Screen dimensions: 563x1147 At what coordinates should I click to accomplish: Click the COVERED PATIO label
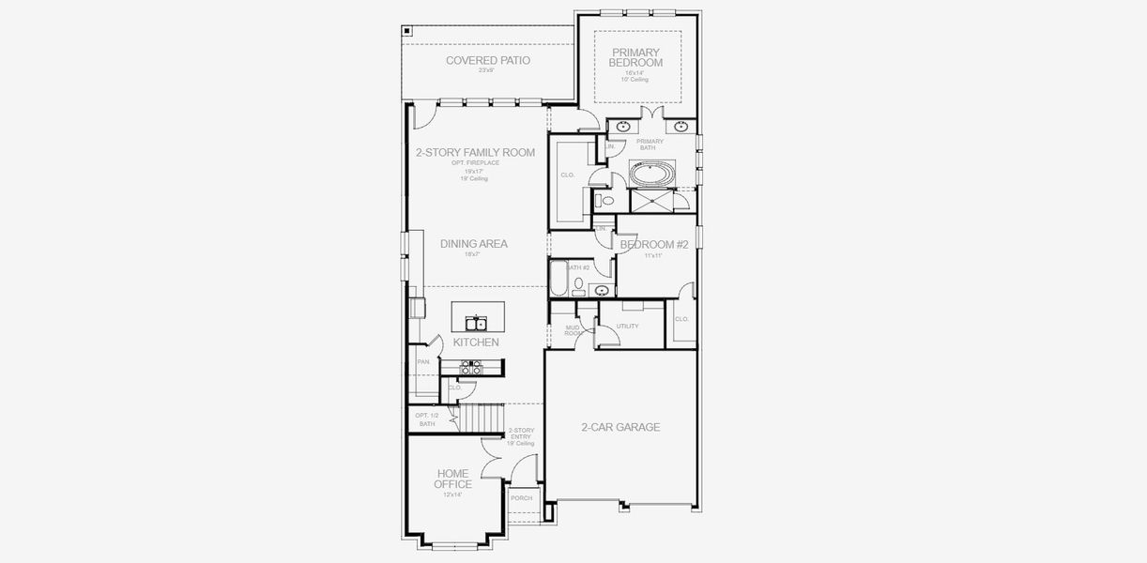coord(487,60)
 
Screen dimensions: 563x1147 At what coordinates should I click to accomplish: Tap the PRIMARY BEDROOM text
coord(636,57)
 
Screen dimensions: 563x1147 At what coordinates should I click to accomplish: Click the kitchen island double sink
coord(478,324)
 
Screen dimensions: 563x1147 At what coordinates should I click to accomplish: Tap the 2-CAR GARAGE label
coord(620,427)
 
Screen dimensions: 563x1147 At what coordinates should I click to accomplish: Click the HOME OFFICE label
coord(452,479)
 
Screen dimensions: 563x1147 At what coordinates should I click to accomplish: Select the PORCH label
coord(521,498)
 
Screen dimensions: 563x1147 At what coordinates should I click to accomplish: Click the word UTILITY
coord(627,327)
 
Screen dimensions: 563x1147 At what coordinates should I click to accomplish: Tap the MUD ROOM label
coord(573,330)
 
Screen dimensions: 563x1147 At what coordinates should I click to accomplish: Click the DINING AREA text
coord(474,244)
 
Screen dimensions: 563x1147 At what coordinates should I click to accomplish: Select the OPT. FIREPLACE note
coord(475,163)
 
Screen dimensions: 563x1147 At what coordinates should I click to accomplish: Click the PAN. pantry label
coord(423,362)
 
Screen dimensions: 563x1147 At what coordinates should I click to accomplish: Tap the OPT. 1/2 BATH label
coord(427,419)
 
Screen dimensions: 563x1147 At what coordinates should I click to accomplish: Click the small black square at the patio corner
coord(406,30)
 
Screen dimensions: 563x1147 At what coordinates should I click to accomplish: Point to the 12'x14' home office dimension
coord(452,495)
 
